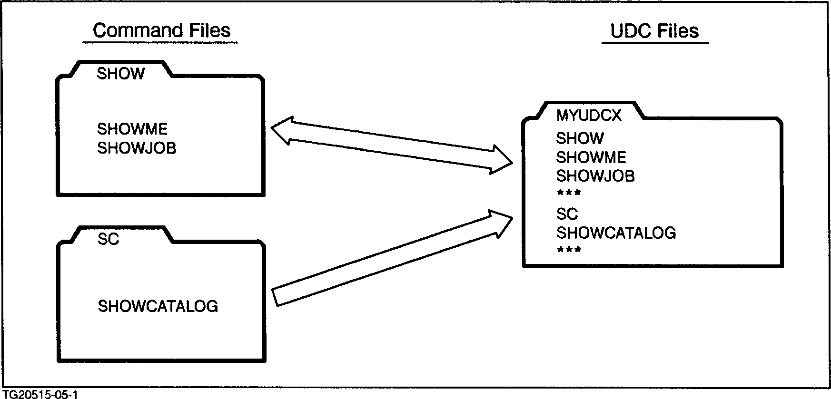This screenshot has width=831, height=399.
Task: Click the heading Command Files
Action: coord(161,30)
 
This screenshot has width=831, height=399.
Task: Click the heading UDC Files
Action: coord(654,31)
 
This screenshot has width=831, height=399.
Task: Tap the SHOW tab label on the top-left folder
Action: coord(120,74)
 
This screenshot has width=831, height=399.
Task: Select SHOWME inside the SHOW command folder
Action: coord(132,129)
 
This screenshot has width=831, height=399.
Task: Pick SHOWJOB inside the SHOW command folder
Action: coord(137,148)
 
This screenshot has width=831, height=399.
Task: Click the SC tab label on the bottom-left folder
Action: coord(108,239)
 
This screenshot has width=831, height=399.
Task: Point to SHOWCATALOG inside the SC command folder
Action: coord(158,306)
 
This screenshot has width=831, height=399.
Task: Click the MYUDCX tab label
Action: coord(589,116)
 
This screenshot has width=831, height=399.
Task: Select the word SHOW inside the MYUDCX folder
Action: coord(580,138)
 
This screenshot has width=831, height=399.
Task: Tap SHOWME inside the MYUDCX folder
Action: coord(591,157)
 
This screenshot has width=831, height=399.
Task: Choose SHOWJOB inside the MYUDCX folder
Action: coord(595,176)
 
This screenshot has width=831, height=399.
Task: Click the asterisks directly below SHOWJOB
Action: coord(569,193)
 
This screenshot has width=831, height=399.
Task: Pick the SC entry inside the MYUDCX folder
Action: coord(567,214)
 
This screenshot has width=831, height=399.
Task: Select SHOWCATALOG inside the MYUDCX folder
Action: coord(616,233)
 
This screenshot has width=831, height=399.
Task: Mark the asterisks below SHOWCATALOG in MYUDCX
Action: coord(569,250)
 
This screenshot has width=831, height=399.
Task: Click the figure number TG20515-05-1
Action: coord(40,394)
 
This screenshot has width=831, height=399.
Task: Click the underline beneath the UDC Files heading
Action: coord(655,43)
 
